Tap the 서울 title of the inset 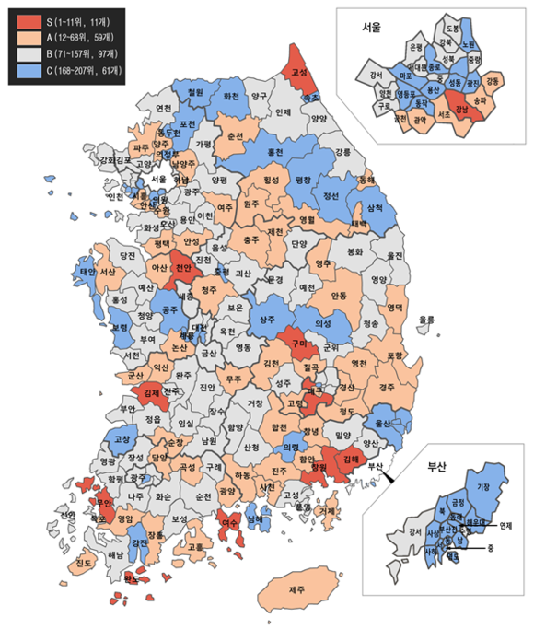click(372, 28)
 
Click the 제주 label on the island click(296, 589)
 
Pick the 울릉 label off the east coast click(425, 320)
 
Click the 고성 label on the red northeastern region click(299, 71)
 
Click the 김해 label click(349, 458)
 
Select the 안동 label click(339, 296)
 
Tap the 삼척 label click(375, 209)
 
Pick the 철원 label click(194, 92)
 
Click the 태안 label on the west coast click(88, 272)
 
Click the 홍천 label click(275, 151)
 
